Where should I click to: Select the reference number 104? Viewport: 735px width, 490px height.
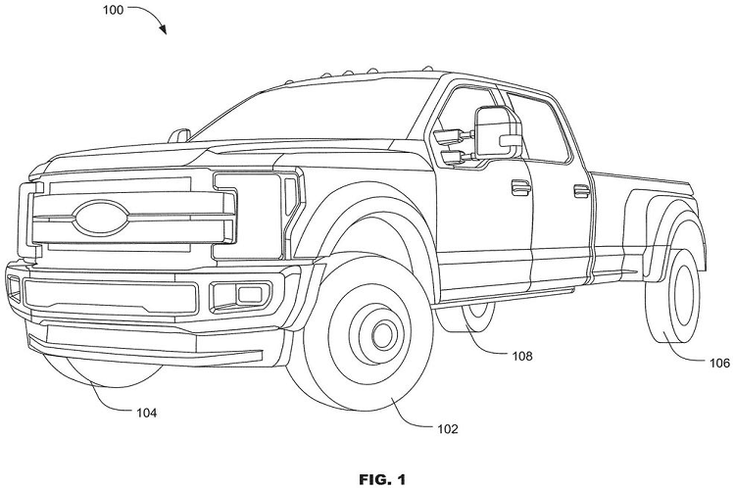pos(144,413)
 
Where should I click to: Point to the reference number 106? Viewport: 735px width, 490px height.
pos(719,363)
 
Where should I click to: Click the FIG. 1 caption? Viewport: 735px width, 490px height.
pos(367,480)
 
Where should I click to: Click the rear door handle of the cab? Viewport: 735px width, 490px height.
pos(579,180)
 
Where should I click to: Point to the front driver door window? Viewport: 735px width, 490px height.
pos(461,122)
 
